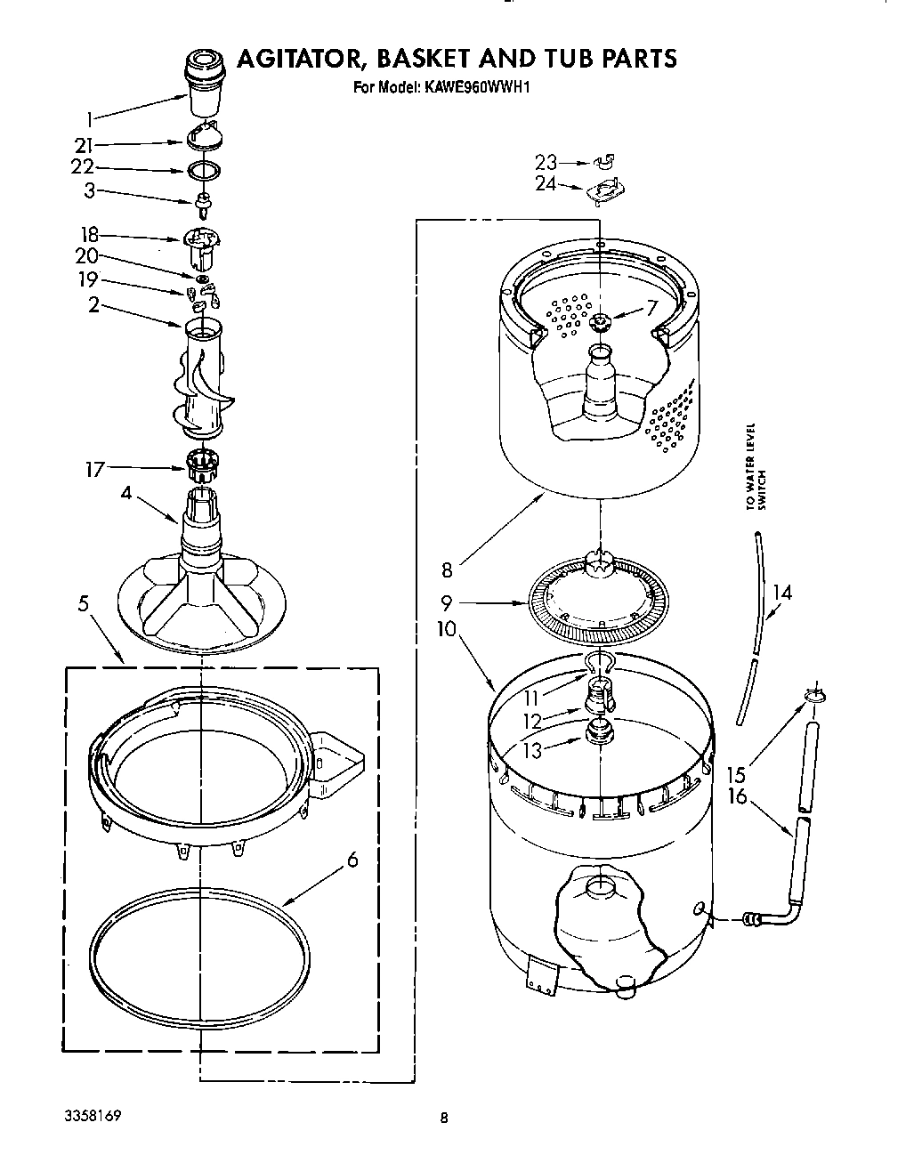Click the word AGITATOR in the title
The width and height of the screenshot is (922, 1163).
[x=299, y=59]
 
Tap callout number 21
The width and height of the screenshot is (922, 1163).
[x=83, y=144]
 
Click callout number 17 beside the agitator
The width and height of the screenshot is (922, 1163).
[x=94, y=468]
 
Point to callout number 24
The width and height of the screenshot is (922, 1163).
[x=546, y=184]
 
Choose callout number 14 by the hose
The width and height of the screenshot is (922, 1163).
[x=780, y=593]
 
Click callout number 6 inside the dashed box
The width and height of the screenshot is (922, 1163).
[x=352, y=860]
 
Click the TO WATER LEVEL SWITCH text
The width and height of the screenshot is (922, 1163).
[x=756, y=467]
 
